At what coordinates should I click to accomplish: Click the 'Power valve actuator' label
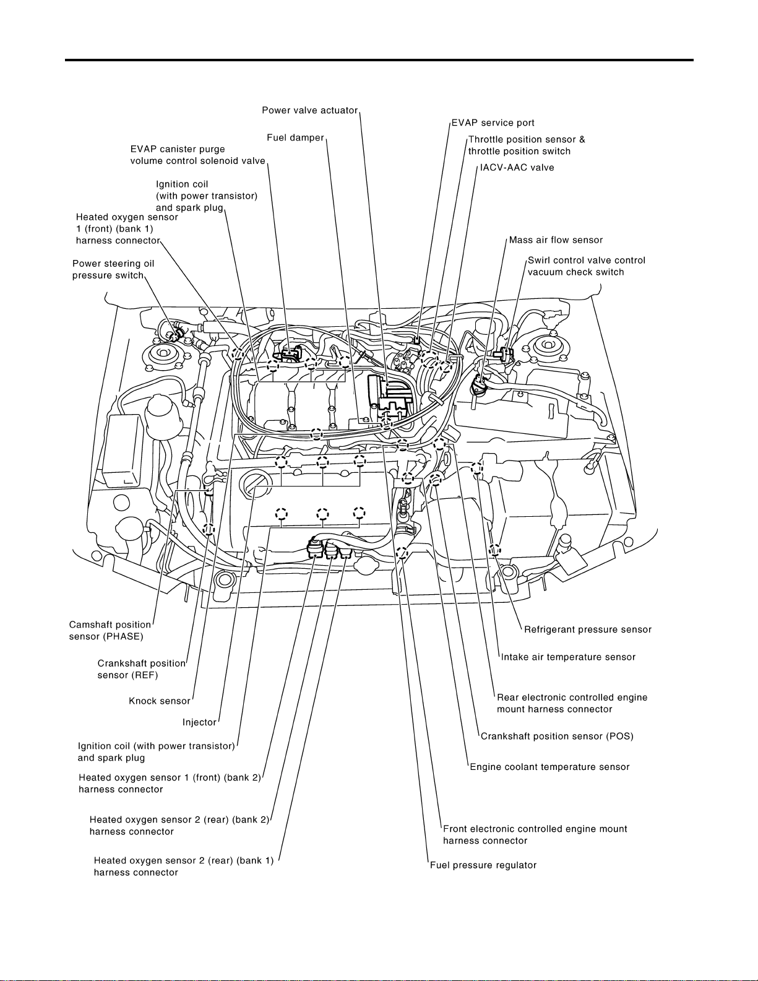(x=309, y=111)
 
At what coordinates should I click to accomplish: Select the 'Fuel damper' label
(x=296, y=137)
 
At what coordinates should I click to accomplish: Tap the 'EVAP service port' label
(x=493, y=123)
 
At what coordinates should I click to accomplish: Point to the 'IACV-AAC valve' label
(x=517, y=168)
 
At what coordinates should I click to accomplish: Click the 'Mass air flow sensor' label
(x=556, y=240)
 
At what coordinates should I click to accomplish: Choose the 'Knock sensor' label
(x=159, y=701)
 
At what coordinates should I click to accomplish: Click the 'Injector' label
(x=199, y=722)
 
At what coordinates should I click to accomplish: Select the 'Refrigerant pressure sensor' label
(x=588, y=630)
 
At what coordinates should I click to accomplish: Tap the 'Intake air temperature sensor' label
(x=568, y=657)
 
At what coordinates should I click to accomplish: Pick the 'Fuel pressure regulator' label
(x=483, y=865)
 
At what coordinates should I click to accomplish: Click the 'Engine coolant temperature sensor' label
(x=549, y=767)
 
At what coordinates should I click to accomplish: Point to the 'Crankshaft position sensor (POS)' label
(x=558, y=737)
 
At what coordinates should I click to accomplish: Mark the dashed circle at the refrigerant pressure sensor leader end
(x=494, y=550)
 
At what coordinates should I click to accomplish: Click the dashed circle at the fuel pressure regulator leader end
(x=402, y=553)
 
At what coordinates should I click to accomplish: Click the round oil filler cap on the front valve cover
(x=256, y=485)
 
